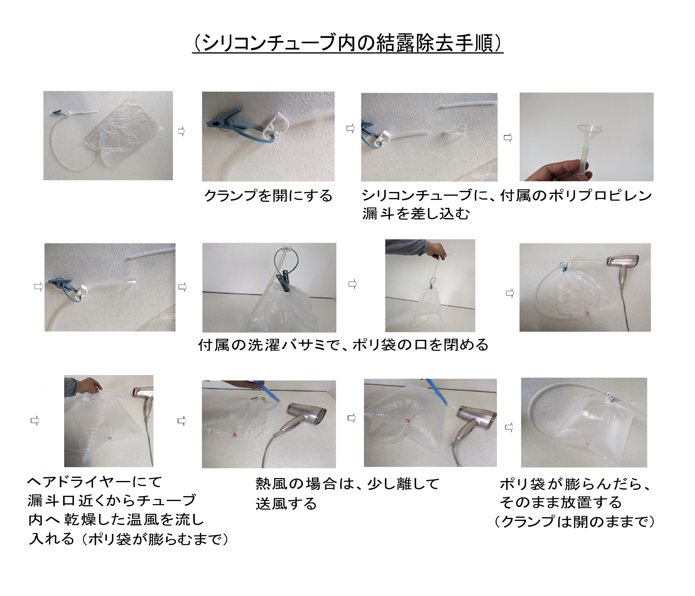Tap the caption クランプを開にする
(268, 195)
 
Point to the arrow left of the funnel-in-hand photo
(508, 137)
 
